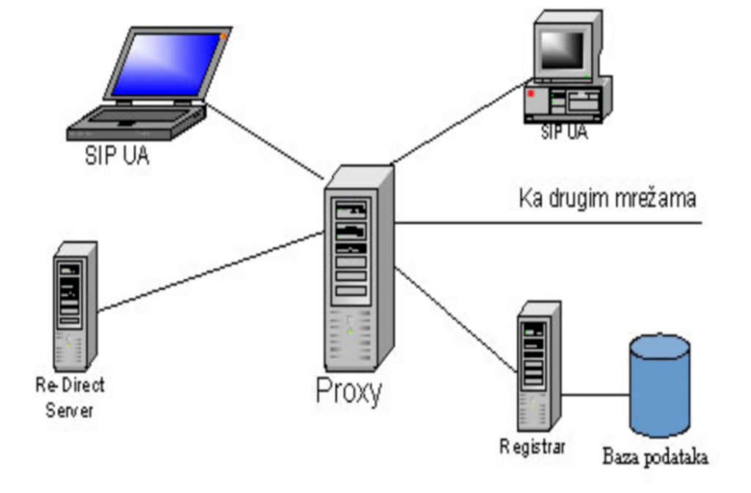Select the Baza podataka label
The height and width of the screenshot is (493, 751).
click(656, 459)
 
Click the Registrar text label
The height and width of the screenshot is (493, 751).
click(532, 446)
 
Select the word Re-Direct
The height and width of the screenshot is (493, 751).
click(70, 385)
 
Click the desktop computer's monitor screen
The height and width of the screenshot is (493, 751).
click(563, 50)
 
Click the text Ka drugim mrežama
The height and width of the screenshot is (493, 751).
click(607, 199)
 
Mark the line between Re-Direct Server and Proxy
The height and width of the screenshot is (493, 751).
click(213, 271)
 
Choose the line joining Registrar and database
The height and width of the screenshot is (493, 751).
click(596, 395)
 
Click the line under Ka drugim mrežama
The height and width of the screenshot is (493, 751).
click(550, 222)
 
